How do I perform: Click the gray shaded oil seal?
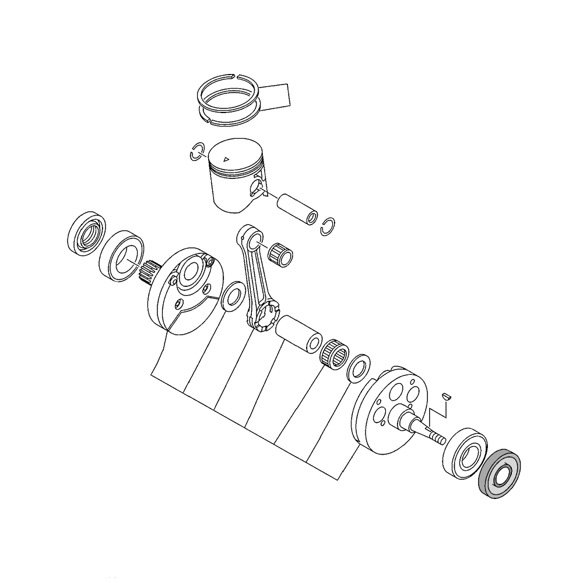click(499, 473)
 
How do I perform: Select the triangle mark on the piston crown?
click(226, 157)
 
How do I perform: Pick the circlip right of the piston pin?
click(329, 227)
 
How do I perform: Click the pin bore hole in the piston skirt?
click(255, 186)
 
